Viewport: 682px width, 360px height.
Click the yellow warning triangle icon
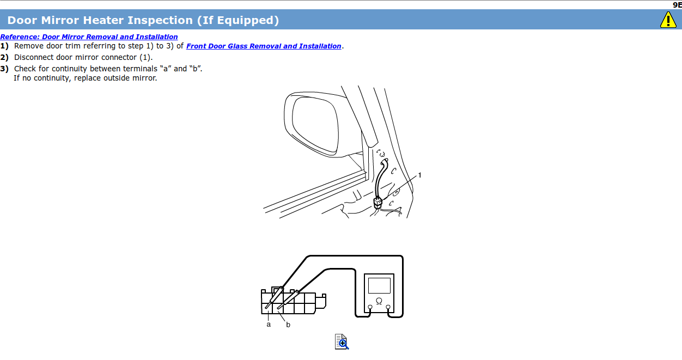pyautogui.click(x=668, y=20)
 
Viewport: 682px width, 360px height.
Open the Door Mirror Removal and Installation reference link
pyautogui.click(x=89, y=37)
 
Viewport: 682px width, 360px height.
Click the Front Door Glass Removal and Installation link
pyautogui.click(x=264, y=46)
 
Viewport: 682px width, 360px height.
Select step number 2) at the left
pyautogui.click(x=4, y=57)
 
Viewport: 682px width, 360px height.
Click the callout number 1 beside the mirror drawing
pyautogui.click(x=419, y=175)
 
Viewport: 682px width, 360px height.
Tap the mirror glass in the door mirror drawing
pyautogui.click(x=315, y=124)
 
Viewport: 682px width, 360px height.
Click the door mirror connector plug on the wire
pyautogui.click(x=377, y=203)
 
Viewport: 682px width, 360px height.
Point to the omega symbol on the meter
pyautogui.click(x=379, y=301)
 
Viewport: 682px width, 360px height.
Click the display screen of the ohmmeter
pyautogui.click(x=379, y=285)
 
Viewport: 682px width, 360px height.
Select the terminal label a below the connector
pyautogui.click(x=269, y=325)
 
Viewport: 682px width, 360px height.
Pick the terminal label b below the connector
pyautogui.click(x=288, y=325)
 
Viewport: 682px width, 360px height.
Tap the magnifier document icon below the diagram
pyautogui.click(x=342, y=341)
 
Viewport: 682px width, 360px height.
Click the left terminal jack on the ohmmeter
pyautogui.click(x=370, y=307)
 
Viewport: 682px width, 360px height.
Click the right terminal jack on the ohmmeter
pyautogui.click(x=388, y=307)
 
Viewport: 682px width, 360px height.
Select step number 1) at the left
pyautogui.click(x=4, y=46)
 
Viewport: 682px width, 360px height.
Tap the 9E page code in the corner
pyautogui.click(x=678, y=4)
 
